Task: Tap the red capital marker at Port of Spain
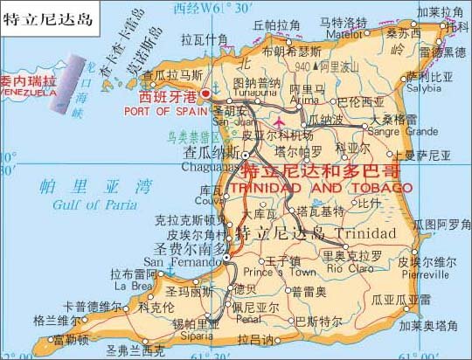(206, 93)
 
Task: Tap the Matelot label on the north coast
(342, 36)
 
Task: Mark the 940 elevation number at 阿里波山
(302, 66)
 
